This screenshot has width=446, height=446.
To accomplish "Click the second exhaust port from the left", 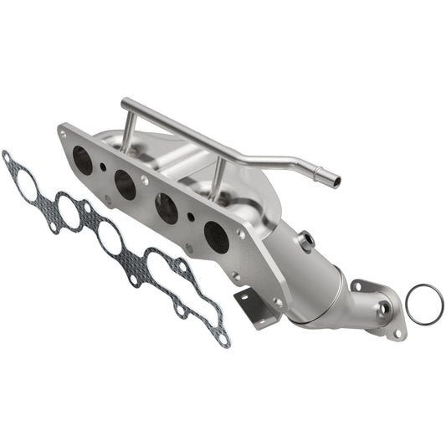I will pos(126,184).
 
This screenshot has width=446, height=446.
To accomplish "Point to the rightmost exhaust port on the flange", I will pos(216,238).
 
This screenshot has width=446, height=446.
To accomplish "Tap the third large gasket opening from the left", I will pos(110,238).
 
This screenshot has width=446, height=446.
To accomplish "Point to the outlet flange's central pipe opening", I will pos(383,310).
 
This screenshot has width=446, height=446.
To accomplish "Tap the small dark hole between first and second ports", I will pos(103,166).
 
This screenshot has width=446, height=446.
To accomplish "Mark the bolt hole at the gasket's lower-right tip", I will pos(223,338).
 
